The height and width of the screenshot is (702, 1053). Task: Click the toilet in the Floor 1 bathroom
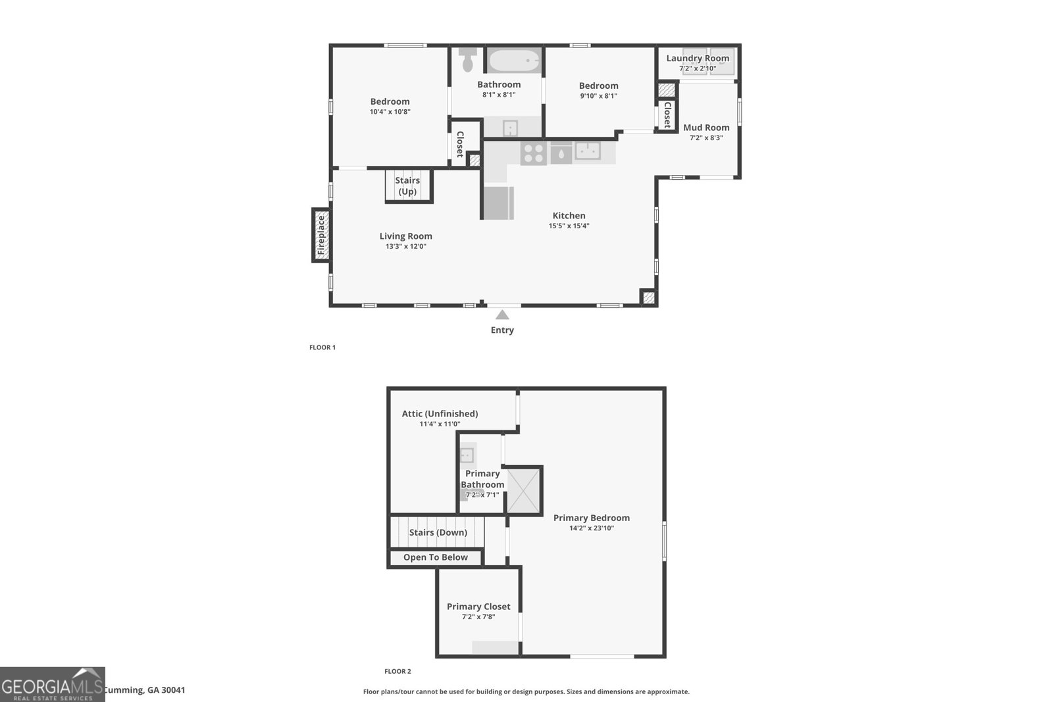[x=468, y=60]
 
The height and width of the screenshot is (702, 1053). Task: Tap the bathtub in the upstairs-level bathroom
[x=514, y=61]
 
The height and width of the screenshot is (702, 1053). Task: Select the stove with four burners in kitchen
[x=533, y=153]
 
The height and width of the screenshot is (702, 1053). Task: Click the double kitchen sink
[x=588, y=151]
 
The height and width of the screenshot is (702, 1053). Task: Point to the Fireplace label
[x=321, y=236]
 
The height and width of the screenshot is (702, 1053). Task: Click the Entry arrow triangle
[x=502, y=315]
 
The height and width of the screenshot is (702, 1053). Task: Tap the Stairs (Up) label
[x=407, y=186]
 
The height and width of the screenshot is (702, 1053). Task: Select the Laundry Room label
[x=698, y=58]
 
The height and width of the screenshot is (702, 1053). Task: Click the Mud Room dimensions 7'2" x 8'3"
[x=706, y=138]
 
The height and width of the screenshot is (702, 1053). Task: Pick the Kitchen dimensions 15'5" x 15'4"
[x=569, y=226]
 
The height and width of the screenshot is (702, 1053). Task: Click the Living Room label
[x=405, y=236]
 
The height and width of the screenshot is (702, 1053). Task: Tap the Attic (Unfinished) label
[x=440, y=414]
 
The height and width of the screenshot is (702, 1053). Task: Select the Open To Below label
[x=435, y=557]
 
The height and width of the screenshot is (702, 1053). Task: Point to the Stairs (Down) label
[x=438, y=532]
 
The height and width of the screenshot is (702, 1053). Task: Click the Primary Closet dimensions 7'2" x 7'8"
[x=478, y=617]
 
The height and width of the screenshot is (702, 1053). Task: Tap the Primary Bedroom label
[x=591, y=518]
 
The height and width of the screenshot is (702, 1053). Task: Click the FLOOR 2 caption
[x=398, y=671]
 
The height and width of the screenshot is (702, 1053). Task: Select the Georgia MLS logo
[x=52, y=684]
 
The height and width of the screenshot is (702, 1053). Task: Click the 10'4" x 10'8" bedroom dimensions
[x=390, y=112]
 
